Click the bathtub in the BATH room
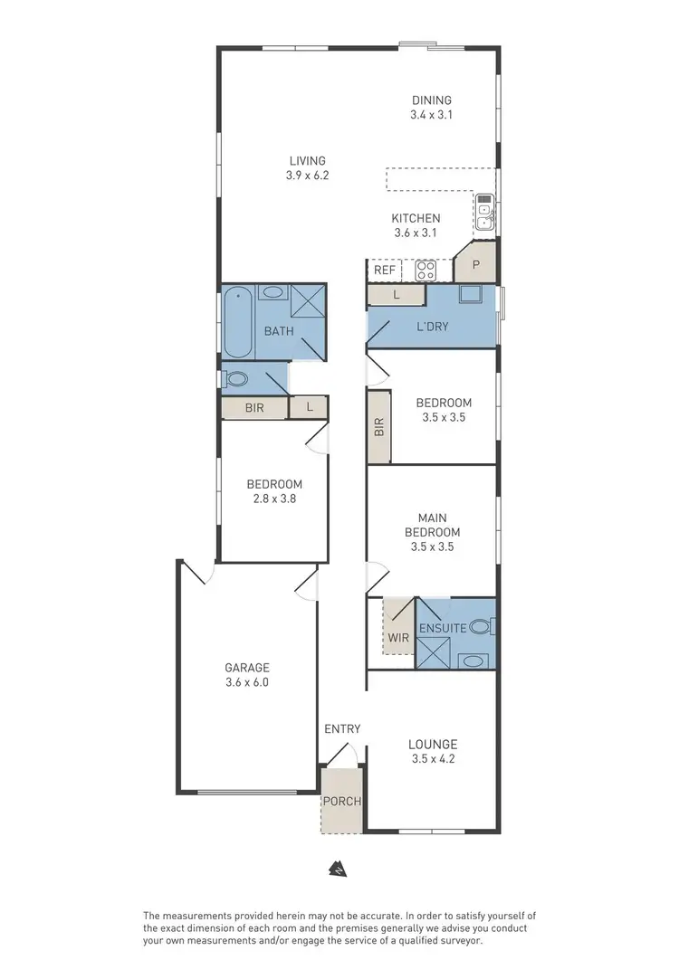(x=238, y=321)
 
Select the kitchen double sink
(x=485, y=211)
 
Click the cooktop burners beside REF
(x=426, y=270)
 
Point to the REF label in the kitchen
(x=383, y=270)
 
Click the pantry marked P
(x=475, y=265)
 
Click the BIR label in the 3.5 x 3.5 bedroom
(x=378, y=427)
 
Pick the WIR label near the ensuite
(x=398, y=637)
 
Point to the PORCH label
(x=341, y=801)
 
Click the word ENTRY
(x=342, y=728)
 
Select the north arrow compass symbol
(x=338, y=867)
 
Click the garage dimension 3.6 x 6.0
(x=247, y=683)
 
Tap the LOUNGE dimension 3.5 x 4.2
(x=431, y=759)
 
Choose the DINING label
(x=431, y=100)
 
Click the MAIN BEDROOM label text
(x=431, y=525)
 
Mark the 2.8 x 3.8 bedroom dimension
(x=274, y=499)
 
